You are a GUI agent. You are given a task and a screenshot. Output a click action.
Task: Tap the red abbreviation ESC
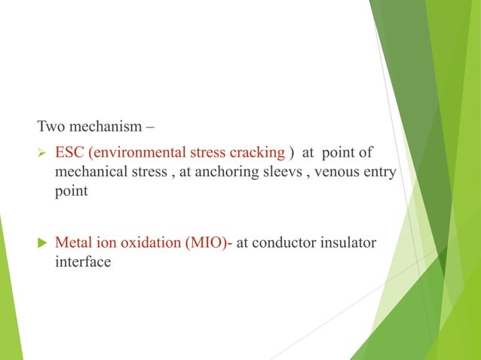[x=69, y=153]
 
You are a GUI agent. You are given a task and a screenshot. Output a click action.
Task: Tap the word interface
[x=82, y=262]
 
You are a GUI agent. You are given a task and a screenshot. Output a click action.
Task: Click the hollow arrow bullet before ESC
[x=42, y=154]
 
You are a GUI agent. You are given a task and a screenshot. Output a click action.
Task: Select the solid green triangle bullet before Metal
[x=42, y=244]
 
